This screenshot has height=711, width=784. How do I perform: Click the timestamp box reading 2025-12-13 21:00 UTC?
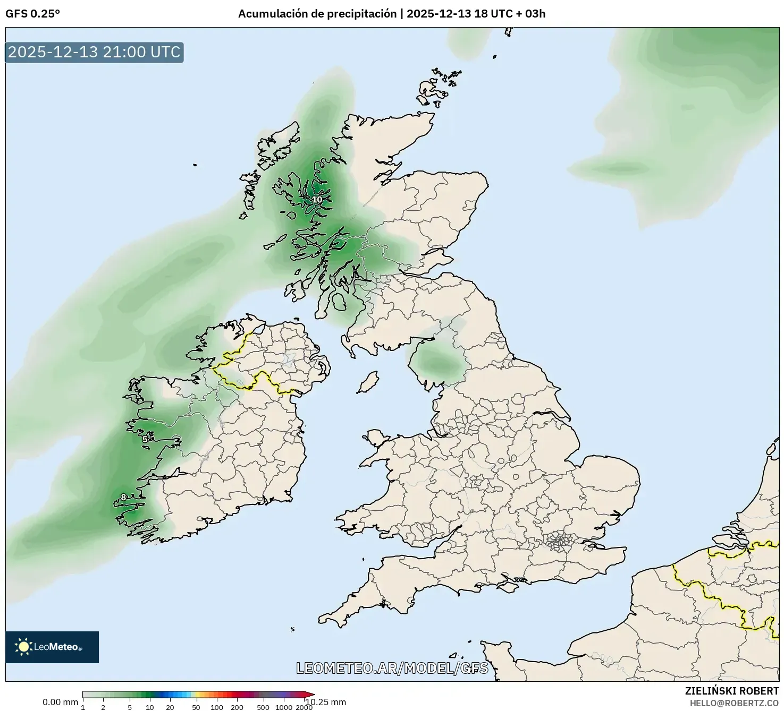click(x=94, y=52)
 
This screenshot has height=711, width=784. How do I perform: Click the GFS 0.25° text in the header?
click(x=32, y=14)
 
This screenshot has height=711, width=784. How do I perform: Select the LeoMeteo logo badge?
click(x=52, y=647)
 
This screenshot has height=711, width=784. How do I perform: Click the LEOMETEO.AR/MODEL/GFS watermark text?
click(x=392, y=668)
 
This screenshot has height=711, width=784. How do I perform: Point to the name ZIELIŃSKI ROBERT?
click(x=731, y=691)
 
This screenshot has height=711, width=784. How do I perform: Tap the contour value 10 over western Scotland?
click(x=317, y=200)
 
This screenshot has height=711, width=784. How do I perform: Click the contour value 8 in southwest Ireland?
click(x=123, y=498)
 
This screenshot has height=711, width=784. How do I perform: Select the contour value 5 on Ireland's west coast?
click(x=145, y=439)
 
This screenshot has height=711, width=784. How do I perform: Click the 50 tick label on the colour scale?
click(x=196, y=707)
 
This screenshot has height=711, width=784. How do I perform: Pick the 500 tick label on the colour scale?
click(x=263, y=707)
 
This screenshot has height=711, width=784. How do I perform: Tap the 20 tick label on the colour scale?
click(x=170, y=707)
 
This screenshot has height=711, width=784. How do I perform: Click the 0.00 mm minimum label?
click(x=60, y=702)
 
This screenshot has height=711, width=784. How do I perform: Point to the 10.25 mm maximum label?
click(x=325, y=702)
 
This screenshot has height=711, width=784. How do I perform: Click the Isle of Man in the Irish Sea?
click(x=367, y=382)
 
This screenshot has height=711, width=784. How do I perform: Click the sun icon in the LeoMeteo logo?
click(x=23, y=646)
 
